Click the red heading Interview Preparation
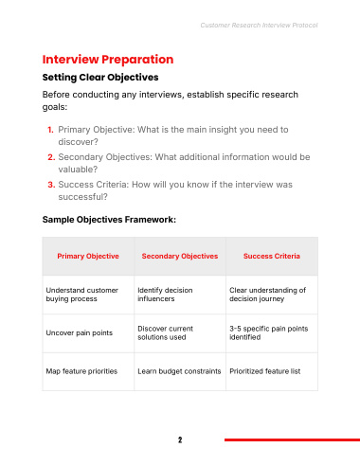108,60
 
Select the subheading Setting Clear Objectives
100,78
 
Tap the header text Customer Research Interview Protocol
259,26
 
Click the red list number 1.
50,130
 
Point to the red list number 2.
51,157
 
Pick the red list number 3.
51,185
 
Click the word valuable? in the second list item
78,170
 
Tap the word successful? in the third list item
82,197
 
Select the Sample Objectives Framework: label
109,220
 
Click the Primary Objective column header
88,256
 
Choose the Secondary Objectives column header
180,256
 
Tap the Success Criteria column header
272,256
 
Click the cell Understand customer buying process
82,295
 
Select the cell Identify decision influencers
165,295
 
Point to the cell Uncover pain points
80,332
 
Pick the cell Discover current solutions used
165,332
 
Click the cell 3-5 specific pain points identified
269,332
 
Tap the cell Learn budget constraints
179,371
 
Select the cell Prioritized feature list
265,371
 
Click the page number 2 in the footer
180,439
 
